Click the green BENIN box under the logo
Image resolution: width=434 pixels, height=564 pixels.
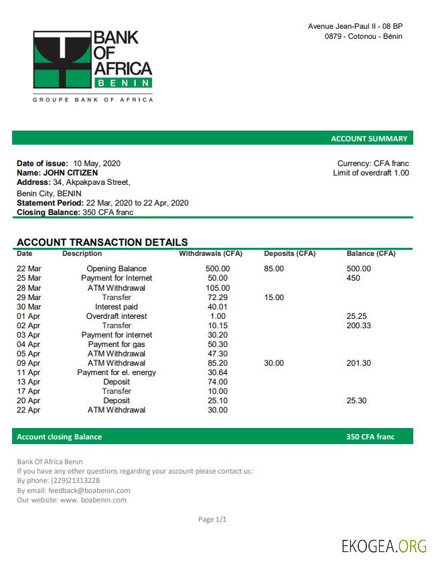coord(123,82)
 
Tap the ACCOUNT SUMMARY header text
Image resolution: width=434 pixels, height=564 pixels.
coord(369,139)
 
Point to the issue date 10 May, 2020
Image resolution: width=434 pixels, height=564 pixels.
coord(97,163)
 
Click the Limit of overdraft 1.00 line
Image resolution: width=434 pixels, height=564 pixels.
coord(371,173)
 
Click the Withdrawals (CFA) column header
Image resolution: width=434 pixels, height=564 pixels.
coord(210,254)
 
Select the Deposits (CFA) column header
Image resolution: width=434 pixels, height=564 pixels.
coord(289,254)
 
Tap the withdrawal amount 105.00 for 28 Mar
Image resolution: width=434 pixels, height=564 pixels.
coord(218,288)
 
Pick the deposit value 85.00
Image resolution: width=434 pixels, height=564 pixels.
coord(274,269)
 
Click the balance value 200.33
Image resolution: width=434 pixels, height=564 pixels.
coord(359,326)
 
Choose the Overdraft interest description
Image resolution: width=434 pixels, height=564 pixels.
coord(117,316)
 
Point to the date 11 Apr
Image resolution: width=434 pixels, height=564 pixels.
coord(29,372)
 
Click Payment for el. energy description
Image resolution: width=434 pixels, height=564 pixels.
coord(117,372)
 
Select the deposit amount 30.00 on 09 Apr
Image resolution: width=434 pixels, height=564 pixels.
coord(274,363)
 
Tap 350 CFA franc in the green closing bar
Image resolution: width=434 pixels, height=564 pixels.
coord(370,437)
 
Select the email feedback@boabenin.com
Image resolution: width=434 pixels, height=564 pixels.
coord(89,490)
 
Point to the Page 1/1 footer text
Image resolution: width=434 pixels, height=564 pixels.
coord(213,519)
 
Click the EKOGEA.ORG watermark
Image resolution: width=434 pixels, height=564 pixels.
coord(384,545)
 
